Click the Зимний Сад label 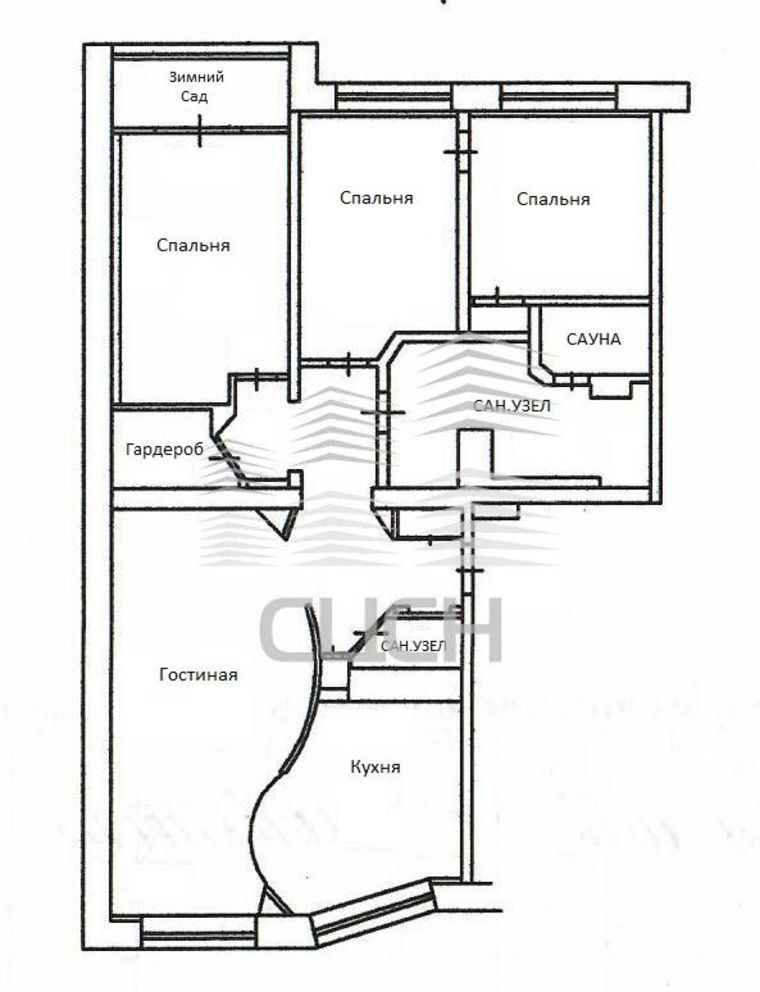[196, 87]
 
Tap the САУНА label [593, 339]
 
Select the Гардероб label [165, 449]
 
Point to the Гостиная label [198, 675]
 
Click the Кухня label [375, 767]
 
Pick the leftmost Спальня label [193, 246]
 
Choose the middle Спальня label [377, 198]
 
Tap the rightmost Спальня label [553, 199]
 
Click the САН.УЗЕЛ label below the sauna [512, 406]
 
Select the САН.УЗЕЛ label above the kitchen [413, 646]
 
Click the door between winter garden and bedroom [200, 130]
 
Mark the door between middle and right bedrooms [461, 151]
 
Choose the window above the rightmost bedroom [560, 96]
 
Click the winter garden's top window [201, 53]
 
